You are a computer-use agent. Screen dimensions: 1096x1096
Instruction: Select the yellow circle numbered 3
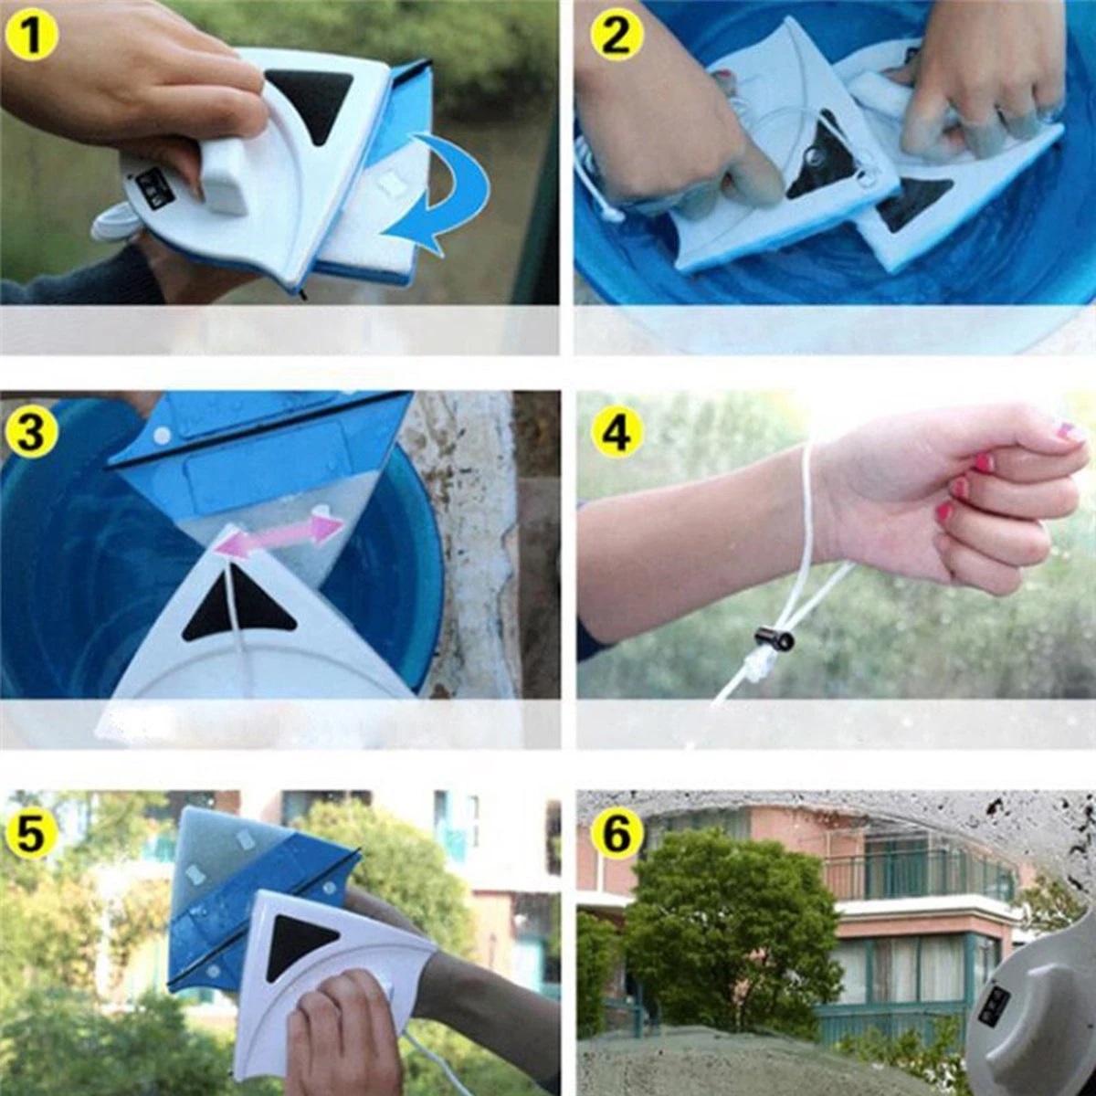click(x=30, y=432)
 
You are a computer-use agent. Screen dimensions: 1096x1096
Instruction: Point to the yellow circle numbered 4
click(x=616, y=432)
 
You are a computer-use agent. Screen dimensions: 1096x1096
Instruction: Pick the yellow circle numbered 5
click(x=30, y=834)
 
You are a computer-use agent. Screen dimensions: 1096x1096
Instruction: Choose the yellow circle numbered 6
click(x=616, y=834)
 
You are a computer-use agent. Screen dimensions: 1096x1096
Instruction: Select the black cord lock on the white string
click(x=774, y=640)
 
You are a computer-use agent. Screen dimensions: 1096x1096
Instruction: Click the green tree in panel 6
click(x=731, y=932)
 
